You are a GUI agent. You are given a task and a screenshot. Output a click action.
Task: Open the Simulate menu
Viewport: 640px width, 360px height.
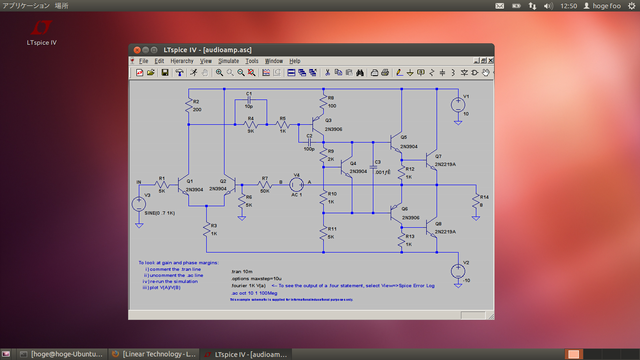tap(228, 61)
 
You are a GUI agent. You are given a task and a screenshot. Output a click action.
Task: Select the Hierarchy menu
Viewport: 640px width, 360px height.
tap(182, 61)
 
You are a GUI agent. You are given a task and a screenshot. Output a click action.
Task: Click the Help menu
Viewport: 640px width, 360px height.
tap(295, 61)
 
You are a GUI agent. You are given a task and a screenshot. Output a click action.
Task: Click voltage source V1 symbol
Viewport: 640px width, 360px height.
tap(456, 101)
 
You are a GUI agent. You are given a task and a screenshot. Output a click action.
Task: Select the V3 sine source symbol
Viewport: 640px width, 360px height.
tap(137, 203)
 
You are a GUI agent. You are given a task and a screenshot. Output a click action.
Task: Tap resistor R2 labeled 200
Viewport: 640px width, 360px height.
tap(188, 105)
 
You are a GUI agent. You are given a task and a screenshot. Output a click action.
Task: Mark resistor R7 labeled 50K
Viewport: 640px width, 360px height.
tap(264, 186)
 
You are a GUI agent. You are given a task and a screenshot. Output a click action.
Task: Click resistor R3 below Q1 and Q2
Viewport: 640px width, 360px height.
tap(207, 229)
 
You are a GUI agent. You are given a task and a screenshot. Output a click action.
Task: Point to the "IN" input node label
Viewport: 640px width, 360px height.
tap(139, 182)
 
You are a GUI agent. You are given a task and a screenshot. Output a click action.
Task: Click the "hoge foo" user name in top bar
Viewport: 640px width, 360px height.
tap(609, 6)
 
